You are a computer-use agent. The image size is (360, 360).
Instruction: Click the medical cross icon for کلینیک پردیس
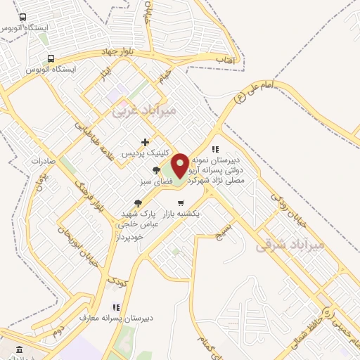[x=145, y=143]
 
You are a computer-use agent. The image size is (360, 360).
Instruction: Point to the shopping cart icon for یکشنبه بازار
[x=181, y=202]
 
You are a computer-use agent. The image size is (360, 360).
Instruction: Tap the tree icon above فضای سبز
[x=156, y=171]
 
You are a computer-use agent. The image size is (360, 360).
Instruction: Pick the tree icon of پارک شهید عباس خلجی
[x=137, y=203]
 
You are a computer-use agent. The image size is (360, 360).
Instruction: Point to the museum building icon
[x=18, y=349]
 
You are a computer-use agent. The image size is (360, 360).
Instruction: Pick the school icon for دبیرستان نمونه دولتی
[x=215, y=149]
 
